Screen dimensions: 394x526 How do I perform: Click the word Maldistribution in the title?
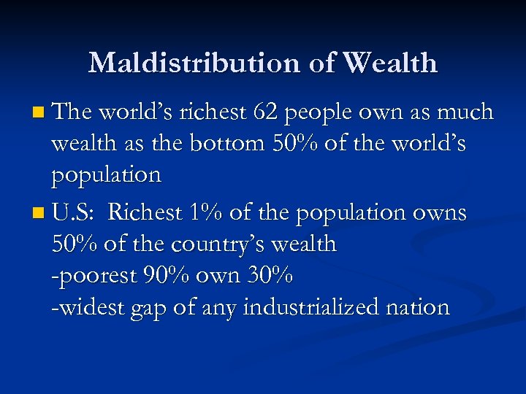pyautogui.click(x=195, y=63)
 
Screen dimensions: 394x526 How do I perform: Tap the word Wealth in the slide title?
pyautogui.click(x=390, y=63)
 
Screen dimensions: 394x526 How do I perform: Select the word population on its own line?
pyautogui.click(x=106, y=176)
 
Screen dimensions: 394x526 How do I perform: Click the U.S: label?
pyautogui.click(x=75, y=212)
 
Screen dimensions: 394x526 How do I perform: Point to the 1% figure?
pyautogui.click(x=205, y=212)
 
